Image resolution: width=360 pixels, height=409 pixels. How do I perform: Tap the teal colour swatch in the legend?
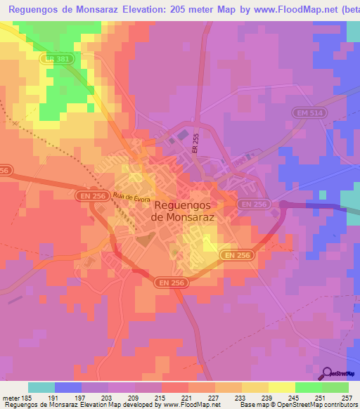click(x=41, y=387)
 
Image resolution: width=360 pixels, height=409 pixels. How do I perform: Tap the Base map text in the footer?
click(x=255, y=405)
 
